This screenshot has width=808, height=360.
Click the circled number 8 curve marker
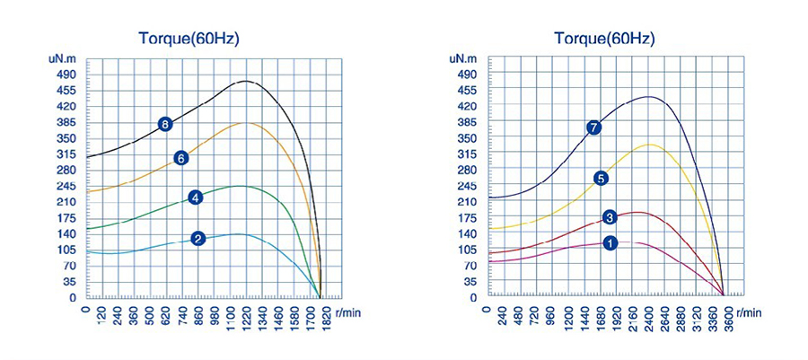(x=165, y=124)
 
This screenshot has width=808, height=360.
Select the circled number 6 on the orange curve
(x=180, y=158)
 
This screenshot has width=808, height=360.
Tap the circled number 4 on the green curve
(x=195, y=198)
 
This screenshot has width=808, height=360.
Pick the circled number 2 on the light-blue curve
(x=198, y=238)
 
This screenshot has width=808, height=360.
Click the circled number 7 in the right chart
(x=593, y=127)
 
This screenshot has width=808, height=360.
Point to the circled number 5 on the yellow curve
(x=601, y=178)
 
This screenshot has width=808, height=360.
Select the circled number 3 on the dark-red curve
(x=610, y=217)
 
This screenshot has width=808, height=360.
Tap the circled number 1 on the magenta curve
(x=610, y=242)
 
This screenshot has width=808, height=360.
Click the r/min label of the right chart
(x=748, y=312)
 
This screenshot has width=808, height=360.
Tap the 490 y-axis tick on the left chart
(x=67, y=75)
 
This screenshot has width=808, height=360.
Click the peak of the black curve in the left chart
(x=246, y=81)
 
